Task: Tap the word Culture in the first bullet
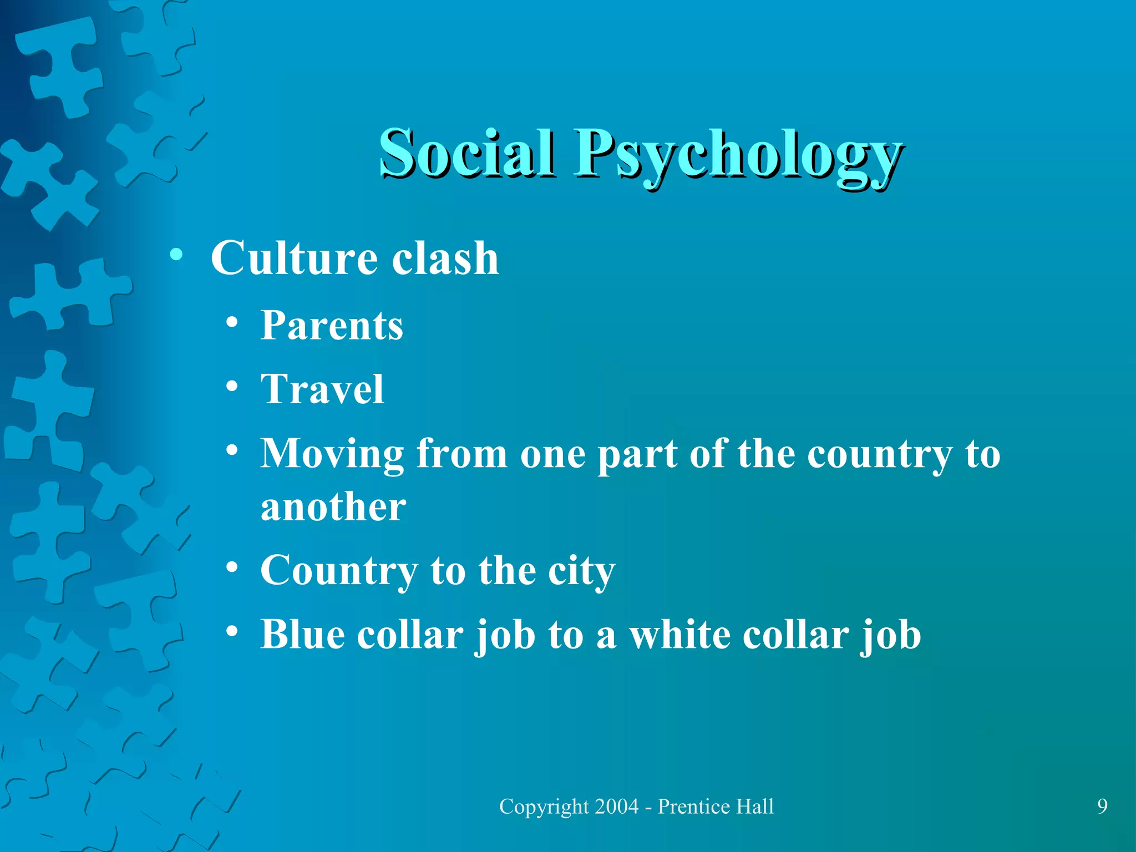[295, 258]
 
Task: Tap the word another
[333, 507]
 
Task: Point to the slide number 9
[1102, 806]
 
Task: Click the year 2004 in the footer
[616, 806]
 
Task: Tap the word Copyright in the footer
[544, 807]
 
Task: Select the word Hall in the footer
[755, 806]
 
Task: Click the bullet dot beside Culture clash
[176, 255]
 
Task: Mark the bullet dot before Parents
[232, 323]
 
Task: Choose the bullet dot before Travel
[232, 387]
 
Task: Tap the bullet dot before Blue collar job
[232, 631]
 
